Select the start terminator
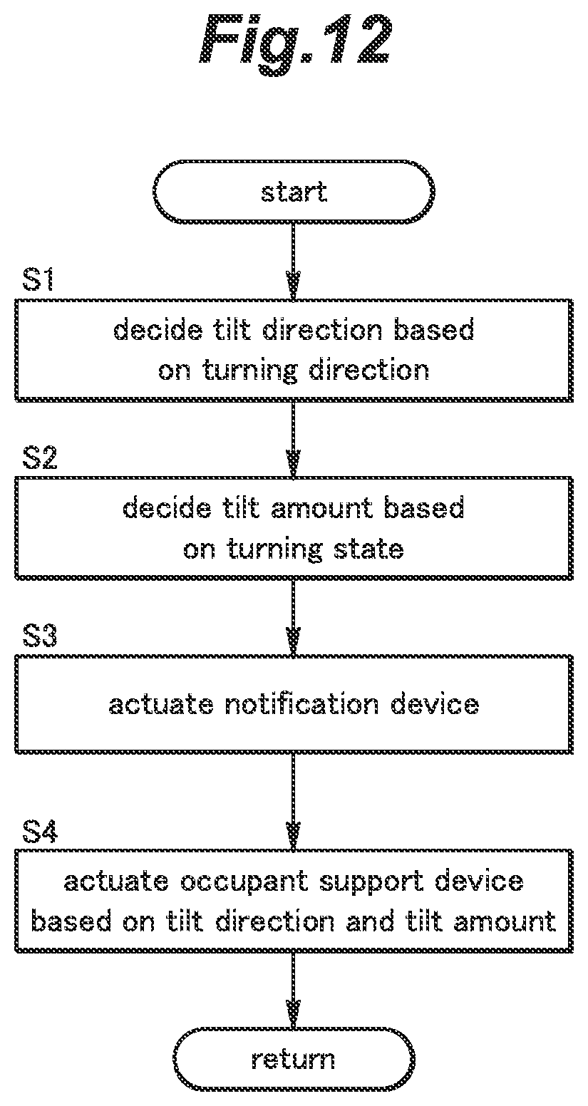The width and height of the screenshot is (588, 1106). [x=294, y=192]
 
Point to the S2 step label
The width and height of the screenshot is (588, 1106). [x=39, y=458]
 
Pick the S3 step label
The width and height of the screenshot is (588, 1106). [x=39, y=635]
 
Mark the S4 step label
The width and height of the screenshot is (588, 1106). [x=39, y=830]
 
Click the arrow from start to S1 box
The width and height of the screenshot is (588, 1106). [x=294, y=262]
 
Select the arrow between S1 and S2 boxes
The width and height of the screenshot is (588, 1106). [x=294, y=438]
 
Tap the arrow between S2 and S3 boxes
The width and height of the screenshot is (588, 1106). [x=294, y=617]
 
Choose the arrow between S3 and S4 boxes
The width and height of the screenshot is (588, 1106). [x=294, y=802]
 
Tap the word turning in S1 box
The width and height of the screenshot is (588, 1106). [x=250, y=371]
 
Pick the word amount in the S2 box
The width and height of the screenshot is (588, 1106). [x=322, y=508]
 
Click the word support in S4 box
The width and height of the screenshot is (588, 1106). [x=371, y=883]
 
